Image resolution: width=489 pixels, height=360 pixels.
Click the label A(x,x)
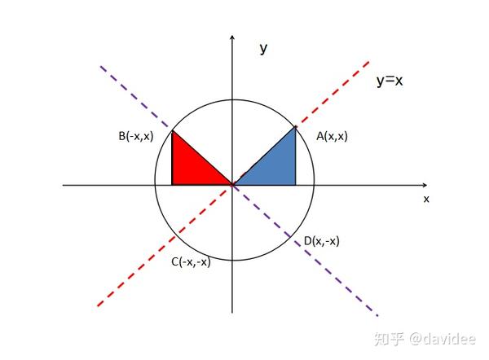pos(332,137)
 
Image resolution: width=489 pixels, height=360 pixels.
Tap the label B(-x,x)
pos(136,137)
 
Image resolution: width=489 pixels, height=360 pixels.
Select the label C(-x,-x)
pos(190,261)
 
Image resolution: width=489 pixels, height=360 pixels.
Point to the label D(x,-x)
pos(321,240)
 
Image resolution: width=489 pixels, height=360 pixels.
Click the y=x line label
pos(390,81)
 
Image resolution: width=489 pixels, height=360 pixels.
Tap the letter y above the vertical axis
pos(263,48)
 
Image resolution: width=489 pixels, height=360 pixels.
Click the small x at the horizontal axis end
pos(425,198)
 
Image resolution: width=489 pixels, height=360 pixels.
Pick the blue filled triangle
pos(274,167)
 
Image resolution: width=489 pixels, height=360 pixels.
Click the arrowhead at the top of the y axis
pos(233,37)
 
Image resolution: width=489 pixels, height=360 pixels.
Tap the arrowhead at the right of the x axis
pos(429,185)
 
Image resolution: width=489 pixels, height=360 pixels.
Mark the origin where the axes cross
pos(233,185)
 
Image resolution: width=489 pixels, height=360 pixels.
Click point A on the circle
pos(295,125)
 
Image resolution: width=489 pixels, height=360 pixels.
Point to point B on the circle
pos(172,129)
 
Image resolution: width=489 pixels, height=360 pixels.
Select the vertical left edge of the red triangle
pos(172,159)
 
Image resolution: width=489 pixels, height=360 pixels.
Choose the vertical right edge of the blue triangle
pos(295,156)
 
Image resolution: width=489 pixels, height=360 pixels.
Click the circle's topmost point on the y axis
pos(233,100)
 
